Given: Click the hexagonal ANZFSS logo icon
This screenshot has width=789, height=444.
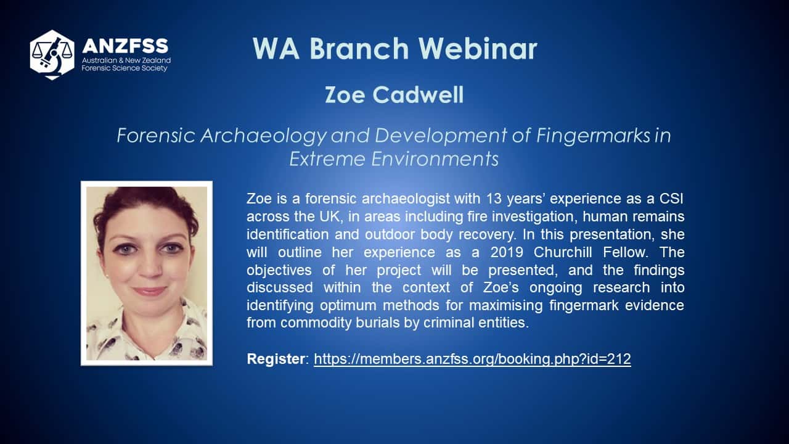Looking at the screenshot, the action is (52, 55).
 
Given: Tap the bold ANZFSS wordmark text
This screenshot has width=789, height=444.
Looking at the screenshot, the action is (125, 46).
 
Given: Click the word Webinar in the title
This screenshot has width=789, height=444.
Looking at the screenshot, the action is (478, 48).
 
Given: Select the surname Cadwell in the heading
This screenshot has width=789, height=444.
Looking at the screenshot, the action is (418, 94).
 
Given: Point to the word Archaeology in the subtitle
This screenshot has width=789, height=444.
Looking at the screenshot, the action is (263, 136).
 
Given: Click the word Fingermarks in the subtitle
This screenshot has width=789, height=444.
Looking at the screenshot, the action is (593, 135).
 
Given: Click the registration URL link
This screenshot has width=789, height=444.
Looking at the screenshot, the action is (472, 359).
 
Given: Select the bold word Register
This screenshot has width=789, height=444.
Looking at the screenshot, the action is (276, 359).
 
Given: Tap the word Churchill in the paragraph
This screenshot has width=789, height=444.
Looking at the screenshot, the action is (563, 252).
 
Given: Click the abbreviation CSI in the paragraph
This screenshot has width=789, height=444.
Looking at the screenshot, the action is (671, 199).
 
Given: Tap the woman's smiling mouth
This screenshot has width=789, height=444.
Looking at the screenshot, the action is (149, 291).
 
